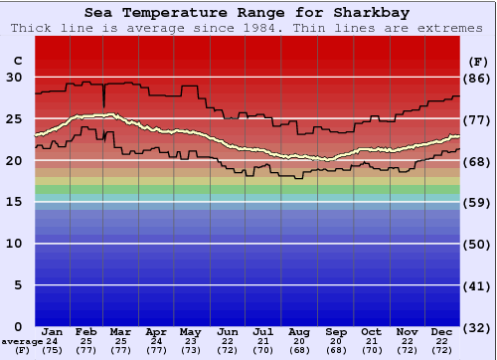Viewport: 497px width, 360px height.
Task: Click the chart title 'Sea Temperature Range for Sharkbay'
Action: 248,13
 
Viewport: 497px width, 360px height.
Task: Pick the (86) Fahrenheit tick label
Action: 477,78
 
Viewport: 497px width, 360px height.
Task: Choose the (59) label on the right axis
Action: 477,202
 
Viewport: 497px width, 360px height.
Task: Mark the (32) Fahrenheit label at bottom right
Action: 477,327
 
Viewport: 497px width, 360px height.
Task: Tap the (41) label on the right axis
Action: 477,285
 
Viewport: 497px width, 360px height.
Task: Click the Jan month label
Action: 53,331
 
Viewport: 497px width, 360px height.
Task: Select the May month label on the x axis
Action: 189,331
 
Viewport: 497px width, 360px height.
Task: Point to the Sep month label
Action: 336,331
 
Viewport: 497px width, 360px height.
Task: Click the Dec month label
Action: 442,331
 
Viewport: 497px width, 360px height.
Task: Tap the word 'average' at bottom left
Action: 22,341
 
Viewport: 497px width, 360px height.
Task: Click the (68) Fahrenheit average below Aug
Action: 297,351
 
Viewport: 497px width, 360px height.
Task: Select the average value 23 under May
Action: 189,341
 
